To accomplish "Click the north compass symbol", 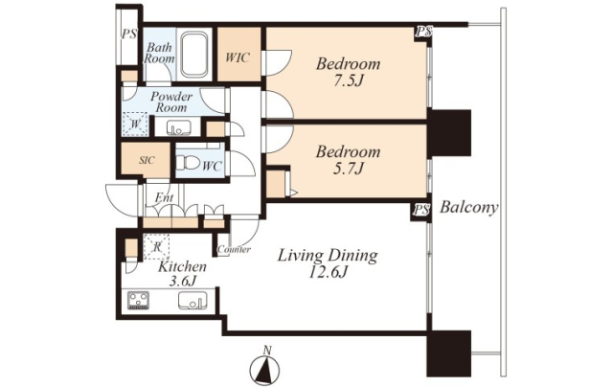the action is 264,368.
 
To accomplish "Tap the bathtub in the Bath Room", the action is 193,55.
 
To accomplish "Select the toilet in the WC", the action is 188,163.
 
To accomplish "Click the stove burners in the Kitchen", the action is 138,300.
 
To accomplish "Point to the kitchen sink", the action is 192,301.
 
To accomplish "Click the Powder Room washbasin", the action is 179,127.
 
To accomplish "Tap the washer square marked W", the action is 135,125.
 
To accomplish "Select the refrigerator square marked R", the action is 157,246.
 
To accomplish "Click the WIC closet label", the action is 238,57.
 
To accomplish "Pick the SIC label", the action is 147,160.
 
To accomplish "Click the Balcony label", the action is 469,208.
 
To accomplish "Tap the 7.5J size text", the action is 347,80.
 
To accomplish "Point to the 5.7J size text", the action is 347,169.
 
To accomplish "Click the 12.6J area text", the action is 328,272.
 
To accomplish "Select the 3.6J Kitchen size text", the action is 182,281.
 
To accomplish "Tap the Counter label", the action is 234,249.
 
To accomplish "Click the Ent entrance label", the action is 164,197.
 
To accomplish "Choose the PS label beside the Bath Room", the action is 128,34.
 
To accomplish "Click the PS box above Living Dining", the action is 420,211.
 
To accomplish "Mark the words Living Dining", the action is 328,256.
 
